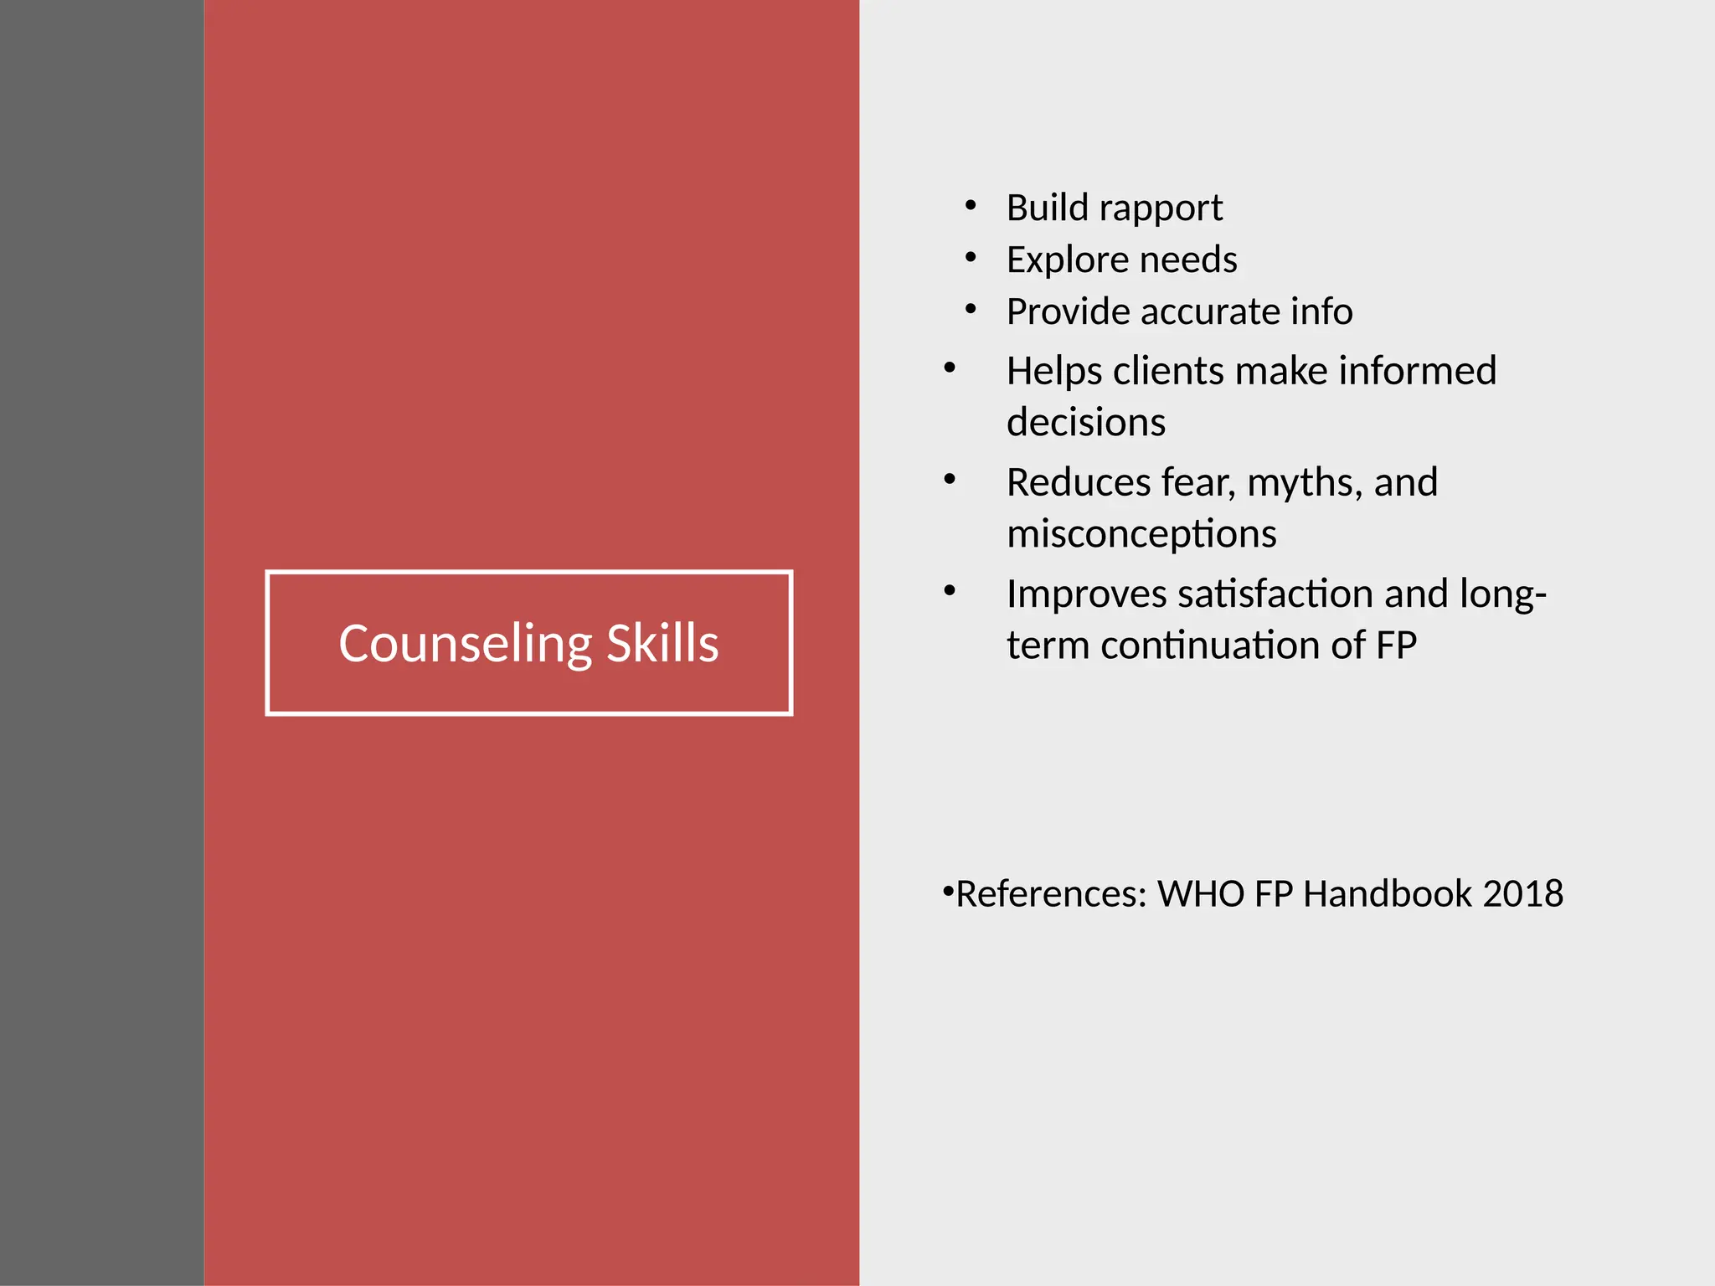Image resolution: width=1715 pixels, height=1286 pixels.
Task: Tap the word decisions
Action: coord(1085,422)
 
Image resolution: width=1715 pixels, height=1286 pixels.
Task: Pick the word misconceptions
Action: coord(1141,533)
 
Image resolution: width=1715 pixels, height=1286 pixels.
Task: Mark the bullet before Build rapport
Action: coord(971,205)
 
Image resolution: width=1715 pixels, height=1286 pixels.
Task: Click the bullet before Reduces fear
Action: coord(950,480)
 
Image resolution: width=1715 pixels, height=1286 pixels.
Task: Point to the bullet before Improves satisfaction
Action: coord(950,591)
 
